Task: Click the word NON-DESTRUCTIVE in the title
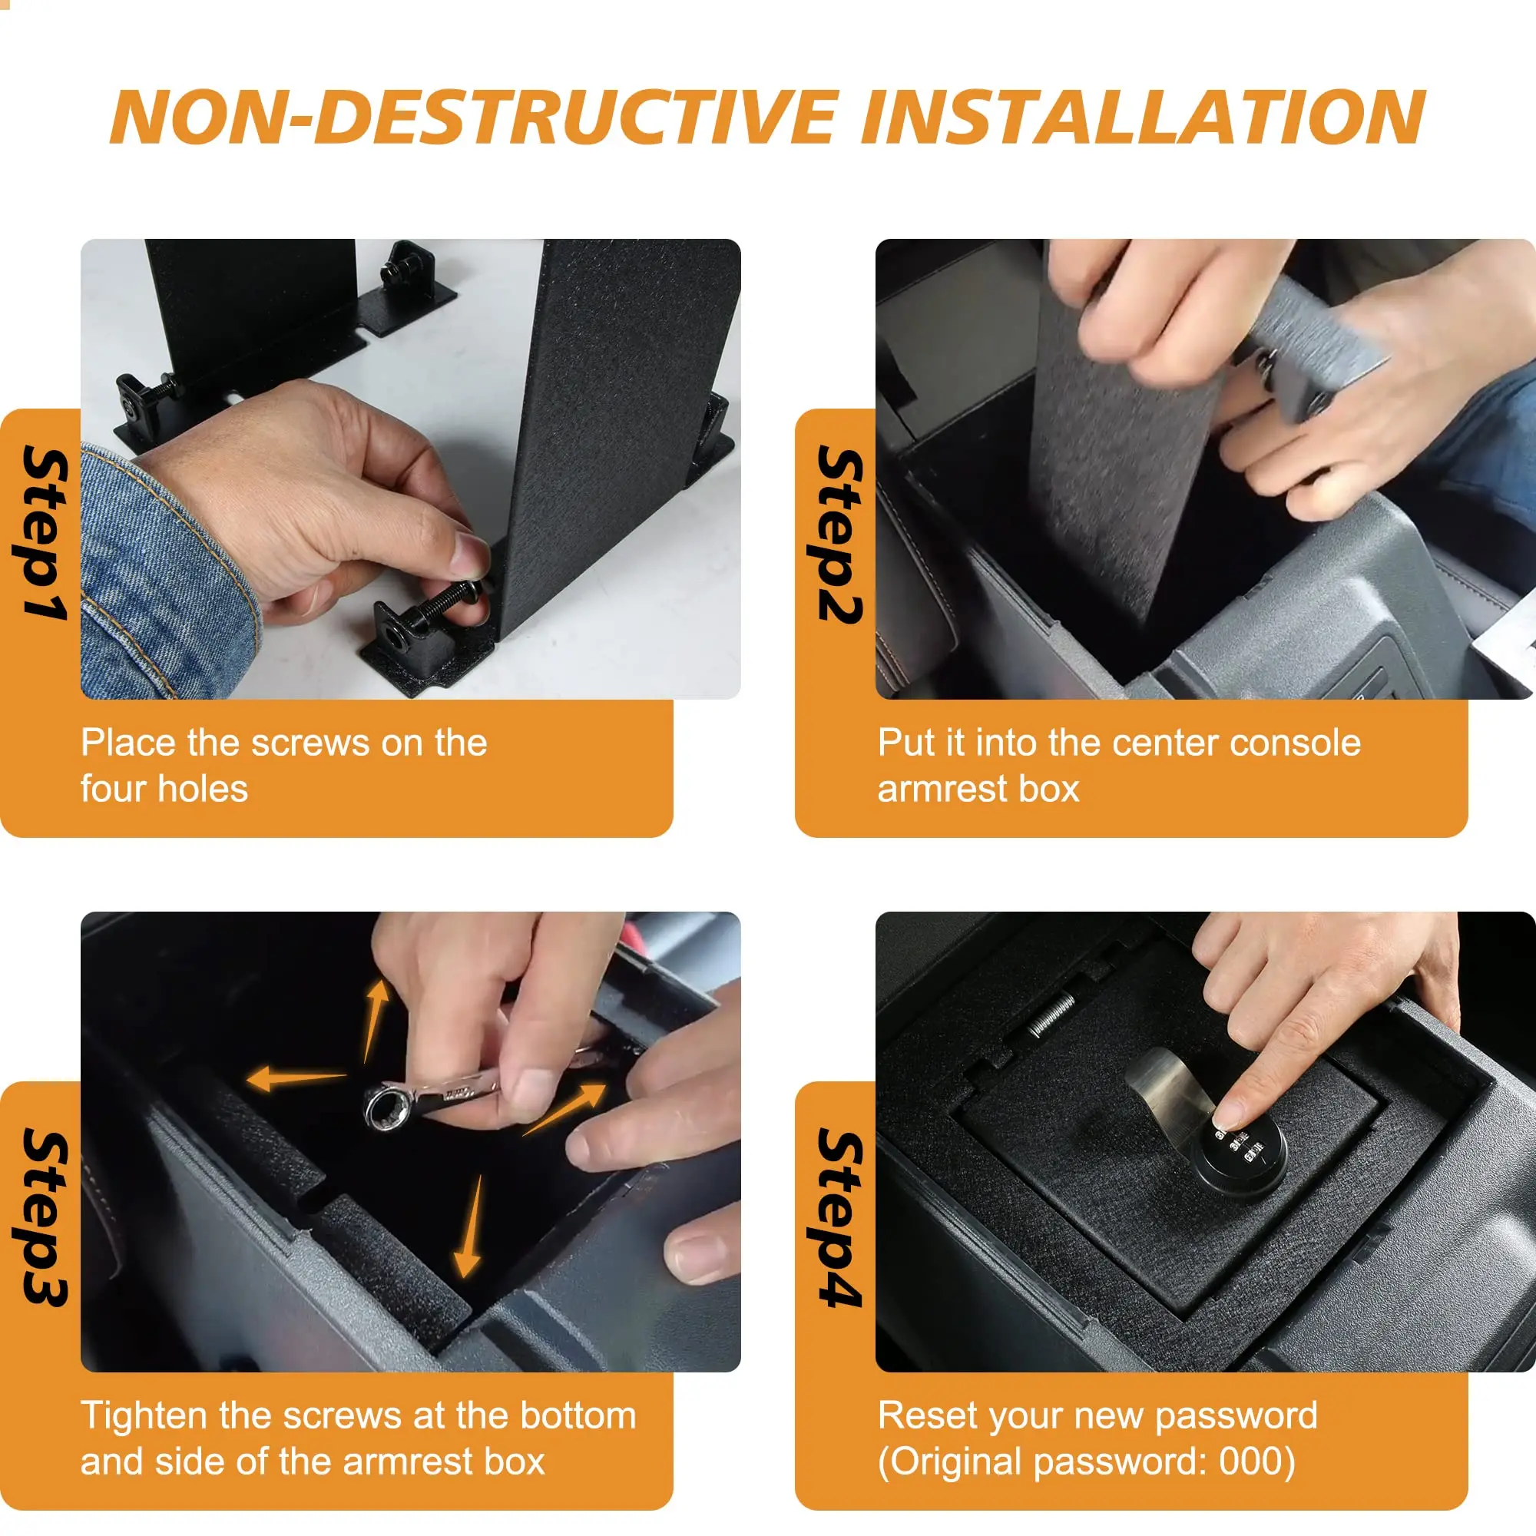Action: [475, 117]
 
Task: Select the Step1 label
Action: [45, 533]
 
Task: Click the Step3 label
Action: [45, 1217]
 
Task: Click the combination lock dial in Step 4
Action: [1240, 1156]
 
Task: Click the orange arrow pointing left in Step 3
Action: [296, 1080]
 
